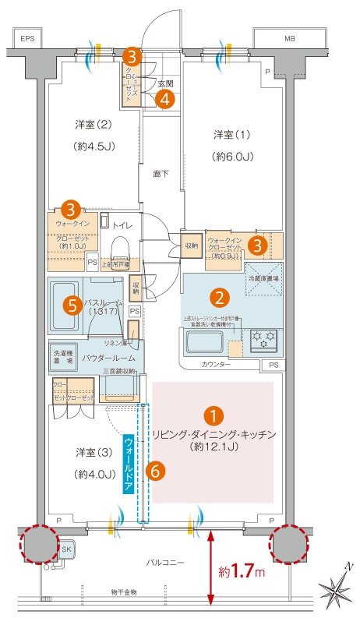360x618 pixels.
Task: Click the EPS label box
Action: coord(29,37)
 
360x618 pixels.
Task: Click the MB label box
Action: coord(290,37)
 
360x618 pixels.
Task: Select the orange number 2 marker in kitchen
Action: coord(221,297)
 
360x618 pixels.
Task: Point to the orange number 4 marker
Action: coord(163,98)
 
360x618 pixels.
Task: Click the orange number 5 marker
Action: coord(72,305)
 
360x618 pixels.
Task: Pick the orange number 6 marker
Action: coord(156,470)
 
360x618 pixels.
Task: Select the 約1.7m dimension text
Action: coord(244,571)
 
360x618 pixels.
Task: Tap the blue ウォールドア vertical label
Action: coord(129,463)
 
